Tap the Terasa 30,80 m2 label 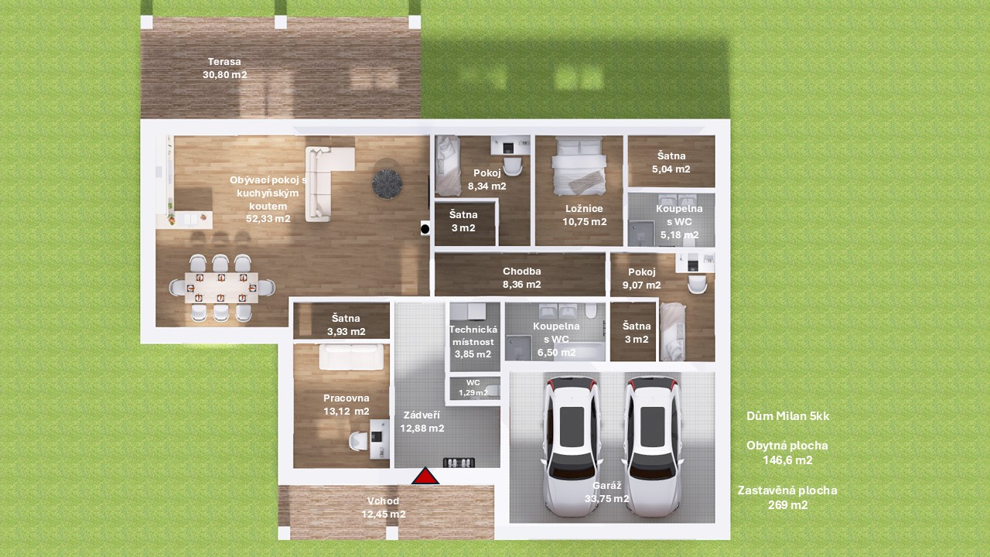point(224,68)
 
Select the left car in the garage point(572,446)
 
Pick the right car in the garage point(652,446)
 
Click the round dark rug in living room point(387,184)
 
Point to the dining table point(221,288)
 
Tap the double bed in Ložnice point(579,166)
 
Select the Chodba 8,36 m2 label point(521,278)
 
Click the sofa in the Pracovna point(351,357)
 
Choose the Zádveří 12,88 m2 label point(422,422)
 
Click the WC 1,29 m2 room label point(473,388)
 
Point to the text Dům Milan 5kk point(787,416)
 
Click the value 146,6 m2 point(787,460)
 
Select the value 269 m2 point(787,505)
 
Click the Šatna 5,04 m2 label point(671,162)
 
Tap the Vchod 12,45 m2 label point(383,507)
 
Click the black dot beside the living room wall point(425,229)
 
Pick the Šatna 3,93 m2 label point(346,325)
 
